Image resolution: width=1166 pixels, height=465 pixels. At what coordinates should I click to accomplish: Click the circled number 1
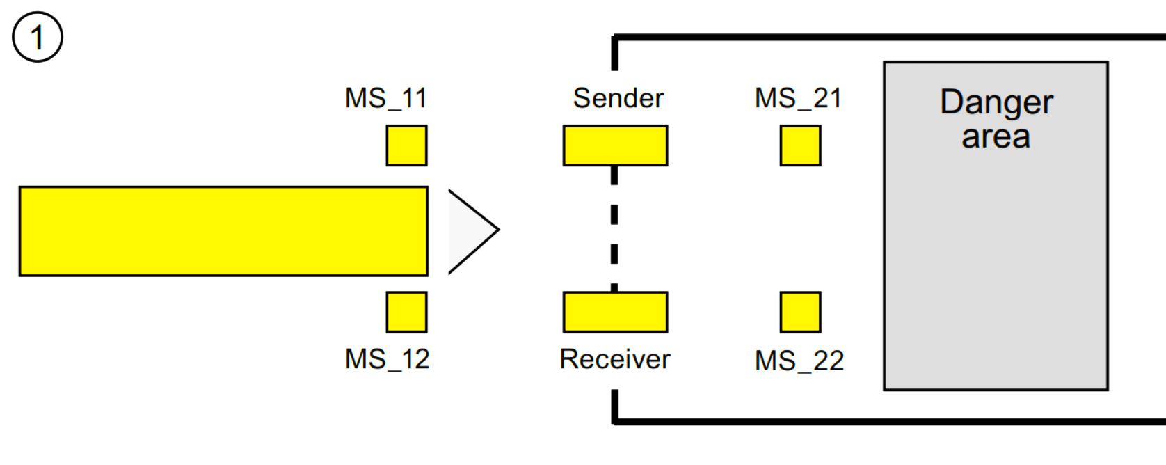coord(38,37)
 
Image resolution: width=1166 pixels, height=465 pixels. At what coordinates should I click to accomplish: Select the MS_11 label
coord(386,98)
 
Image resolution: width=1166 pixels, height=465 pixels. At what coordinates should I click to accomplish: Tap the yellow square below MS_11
coord(407,145)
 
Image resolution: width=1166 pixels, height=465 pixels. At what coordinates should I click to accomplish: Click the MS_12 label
coord(388,359)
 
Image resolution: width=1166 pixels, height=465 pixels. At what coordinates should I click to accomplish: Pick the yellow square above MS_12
coord(407,312)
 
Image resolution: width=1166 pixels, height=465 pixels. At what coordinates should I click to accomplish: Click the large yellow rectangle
coord(223,231)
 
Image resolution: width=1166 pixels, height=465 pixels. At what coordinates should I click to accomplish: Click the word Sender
coord(618,98)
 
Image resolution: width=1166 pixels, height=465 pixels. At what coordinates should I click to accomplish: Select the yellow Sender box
coord(615,145)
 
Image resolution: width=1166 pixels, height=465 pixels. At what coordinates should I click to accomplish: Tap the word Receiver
coord(615,359)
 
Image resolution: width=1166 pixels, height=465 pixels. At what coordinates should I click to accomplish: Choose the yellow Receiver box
coord(615,312)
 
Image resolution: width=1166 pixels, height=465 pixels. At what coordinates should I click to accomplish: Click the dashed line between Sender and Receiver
coord(614,229)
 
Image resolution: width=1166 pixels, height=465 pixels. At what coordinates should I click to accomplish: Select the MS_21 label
coord(799,98)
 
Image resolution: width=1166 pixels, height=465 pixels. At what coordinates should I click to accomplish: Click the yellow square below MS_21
coord(800,145)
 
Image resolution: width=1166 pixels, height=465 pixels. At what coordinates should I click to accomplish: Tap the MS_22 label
coord(799,361)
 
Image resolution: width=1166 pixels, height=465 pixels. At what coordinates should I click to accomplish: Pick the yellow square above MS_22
coord(800,312)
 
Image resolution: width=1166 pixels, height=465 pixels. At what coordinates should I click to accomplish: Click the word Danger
coord(996,103)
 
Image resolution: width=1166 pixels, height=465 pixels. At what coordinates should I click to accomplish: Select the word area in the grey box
coord(996,137)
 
